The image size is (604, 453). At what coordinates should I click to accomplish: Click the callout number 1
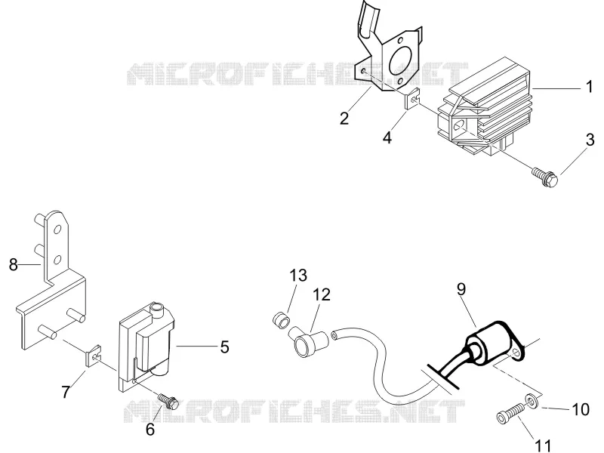tap(589, 87)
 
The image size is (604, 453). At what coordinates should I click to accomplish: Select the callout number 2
tap(344, 118)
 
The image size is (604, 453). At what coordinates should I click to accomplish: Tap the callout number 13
tap(298, 275)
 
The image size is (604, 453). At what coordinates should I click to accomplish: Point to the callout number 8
tap(14, 265)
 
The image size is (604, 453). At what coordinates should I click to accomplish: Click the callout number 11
tap(543, 445)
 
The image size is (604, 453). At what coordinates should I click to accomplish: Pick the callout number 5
tap(225, 347)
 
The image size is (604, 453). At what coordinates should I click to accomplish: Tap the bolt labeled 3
tap(544, 177)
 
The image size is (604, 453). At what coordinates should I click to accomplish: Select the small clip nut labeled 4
tap(411, 100)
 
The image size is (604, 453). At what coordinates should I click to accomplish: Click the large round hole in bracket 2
tap(401, 62)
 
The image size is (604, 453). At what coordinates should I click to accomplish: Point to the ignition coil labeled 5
tap(146, 345)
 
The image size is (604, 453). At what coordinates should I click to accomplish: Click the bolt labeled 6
tap(168, 401)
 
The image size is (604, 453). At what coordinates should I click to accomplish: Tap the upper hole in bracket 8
tap(58, 230)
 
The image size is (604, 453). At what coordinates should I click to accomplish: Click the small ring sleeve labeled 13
tap(280, 321)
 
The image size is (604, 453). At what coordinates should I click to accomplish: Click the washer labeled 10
tap(532, 401)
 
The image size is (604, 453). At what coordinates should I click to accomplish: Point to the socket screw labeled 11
tap(510, 414)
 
